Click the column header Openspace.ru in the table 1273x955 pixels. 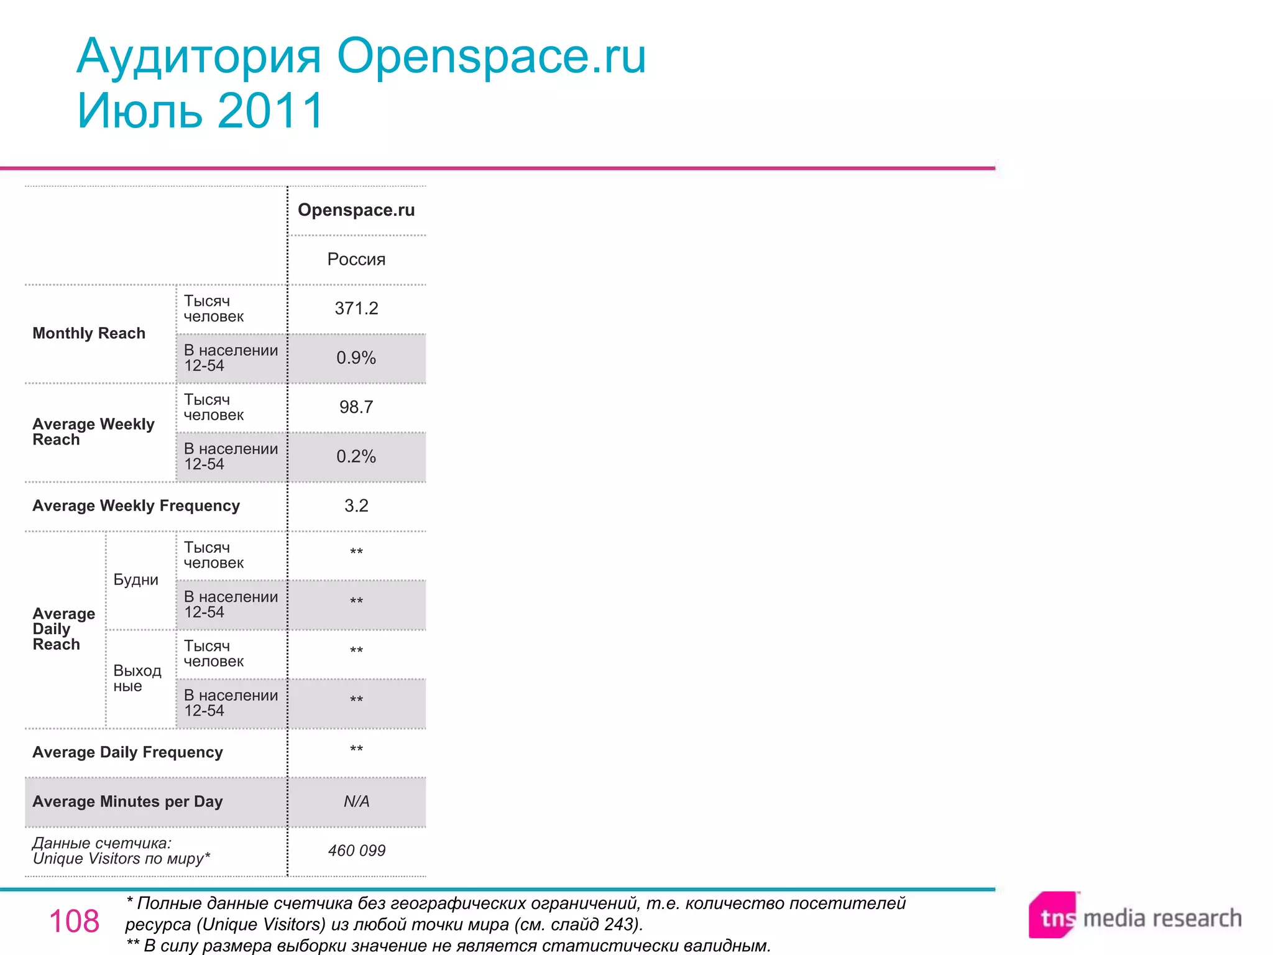pos(356,210)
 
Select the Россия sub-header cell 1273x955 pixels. pos(356,259)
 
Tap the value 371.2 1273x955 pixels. pos(356,308)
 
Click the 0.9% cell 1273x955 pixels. pos(356,358)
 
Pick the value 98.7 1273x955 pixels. pos(356,407)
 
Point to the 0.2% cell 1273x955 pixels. pos(356,456)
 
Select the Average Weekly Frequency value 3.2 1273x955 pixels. pos(356,505)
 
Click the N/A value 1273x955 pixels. pos(356,801)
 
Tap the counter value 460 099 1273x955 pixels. pos(356,851)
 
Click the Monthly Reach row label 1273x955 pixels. pos(89,333)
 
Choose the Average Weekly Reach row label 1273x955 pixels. pos(93,431)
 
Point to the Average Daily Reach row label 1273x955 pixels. pos(63,629)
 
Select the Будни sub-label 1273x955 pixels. pos(136,579)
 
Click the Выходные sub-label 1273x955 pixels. pos(137,678)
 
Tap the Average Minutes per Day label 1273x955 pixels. pos(127,801)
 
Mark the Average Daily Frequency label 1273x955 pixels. pos(127,752)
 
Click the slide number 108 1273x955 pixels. pos(74,921)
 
